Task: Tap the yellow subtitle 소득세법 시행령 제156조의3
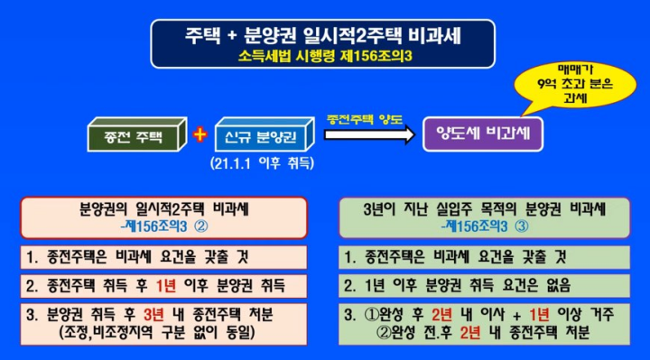pyautogui.click(x=325, y=56)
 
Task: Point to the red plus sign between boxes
pyautogui.click(x=200, y=135)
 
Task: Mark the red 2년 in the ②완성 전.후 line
pyautogui.click(x=473, y=332)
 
